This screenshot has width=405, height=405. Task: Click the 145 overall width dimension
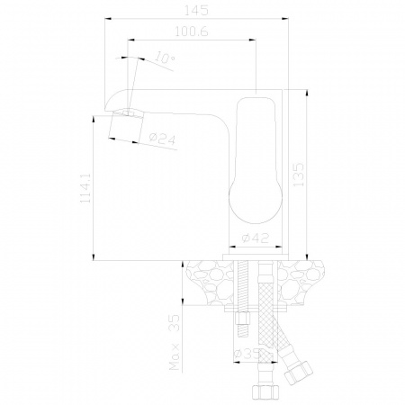[196, 10]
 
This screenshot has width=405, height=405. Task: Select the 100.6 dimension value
[192, 31]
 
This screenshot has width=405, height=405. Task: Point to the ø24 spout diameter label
[162, 139]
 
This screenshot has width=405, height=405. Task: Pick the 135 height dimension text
[298, 175]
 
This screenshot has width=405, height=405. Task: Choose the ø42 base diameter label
[256, 238]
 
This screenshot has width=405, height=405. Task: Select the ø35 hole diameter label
[247, 354]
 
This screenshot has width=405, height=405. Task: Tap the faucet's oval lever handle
[256, 160]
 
